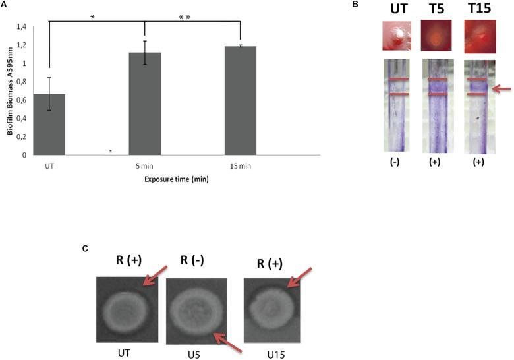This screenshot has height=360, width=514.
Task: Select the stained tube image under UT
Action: (397, 105)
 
